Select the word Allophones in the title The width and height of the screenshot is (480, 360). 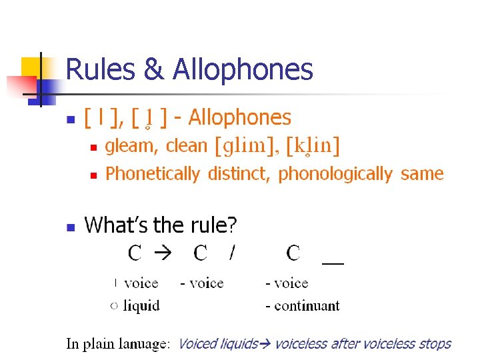coord(243,69)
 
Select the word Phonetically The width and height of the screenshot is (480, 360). coord(153,174)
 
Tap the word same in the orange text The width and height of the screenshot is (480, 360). coord(422,174)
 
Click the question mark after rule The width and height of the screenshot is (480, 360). coord(232,226)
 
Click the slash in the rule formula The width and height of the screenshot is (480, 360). coord(232,253)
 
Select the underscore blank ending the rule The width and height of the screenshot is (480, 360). coord(332,262)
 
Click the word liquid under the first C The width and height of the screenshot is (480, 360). coord(142,306)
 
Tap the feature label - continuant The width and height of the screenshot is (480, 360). coord(303,306)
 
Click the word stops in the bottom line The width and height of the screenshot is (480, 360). coord(435,344)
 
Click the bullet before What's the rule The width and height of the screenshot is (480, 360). coord(70,227)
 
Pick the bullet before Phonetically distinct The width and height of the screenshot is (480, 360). coord(93,175)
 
